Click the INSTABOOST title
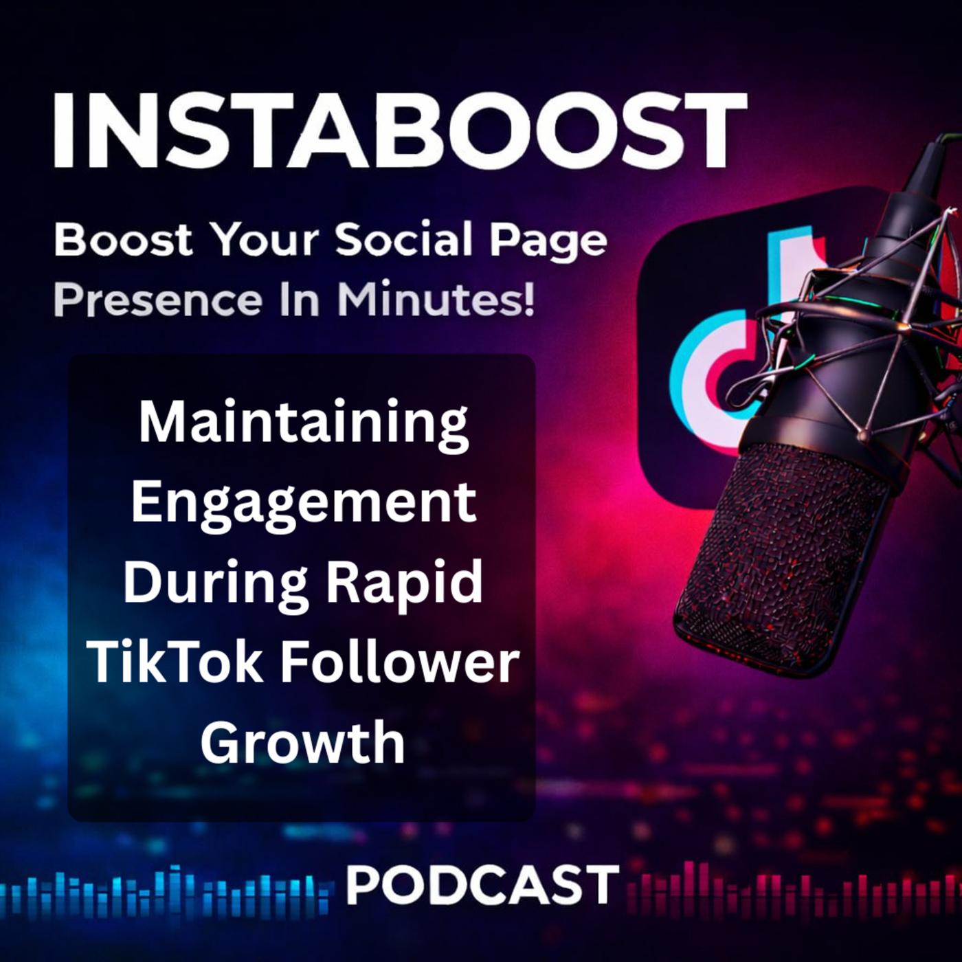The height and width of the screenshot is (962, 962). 399,131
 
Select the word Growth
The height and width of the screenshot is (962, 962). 302,742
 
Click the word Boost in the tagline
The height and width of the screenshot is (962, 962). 123,240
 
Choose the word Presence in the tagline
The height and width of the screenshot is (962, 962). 158,300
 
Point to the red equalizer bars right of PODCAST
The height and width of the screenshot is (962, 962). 794,886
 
